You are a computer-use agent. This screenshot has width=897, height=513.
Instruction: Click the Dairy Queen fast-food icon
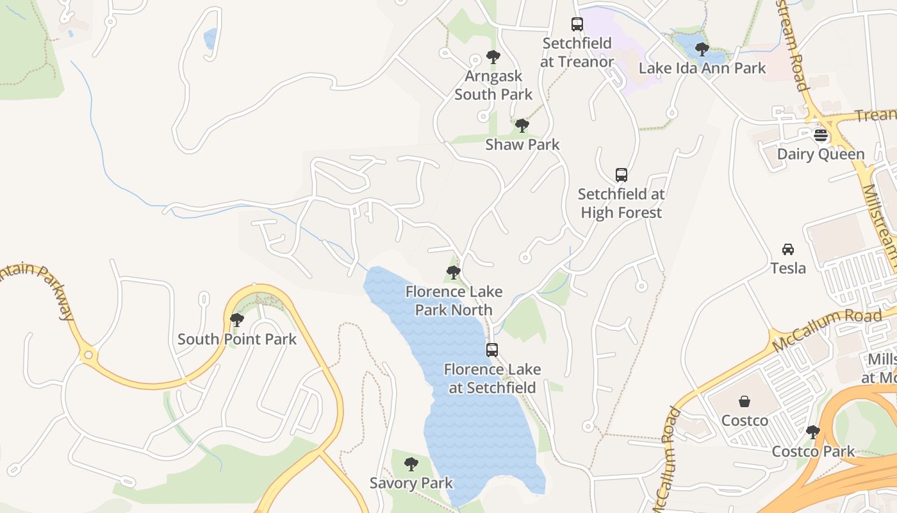820,136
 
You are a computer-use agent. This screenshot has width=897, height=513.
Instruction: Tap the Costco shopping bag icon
745,402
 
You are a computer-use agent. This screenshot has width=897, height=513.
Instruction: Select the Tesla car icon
788,249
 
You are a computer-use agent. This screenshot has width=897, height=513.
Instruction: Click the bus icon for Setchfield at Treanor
577,25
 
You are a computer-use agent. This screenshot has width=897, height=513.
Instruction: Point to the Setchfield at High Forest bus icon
621,175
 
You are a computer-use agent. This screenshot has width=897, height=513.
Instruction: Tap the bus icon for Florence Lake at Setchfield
492,350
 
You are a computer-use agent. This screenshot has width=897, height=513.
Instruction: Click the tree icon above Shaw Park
522,126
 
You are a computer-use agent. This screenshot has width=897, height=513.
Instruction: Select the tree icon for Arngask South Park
493,57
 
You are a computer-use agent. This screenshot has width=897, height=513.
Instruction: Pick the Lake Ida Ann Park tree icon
702,49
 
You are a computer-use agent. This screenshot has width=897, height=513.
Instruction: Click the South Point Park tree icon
237,320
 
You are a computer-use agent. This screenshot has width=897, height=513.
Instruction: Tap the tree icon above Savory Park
411,464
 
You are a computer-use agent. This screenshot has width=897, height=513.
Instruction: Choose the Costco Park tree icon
813,432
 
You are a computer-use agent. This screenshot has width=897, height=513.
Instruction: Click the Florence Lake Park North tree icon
454,273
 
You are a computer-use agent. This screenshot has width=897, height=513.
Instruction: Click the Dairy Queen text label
821,155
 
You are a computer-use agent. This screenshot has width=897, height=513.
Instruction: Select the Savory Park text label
411,483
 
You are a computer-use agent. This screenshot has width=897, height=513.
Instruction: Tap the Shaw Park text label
522,145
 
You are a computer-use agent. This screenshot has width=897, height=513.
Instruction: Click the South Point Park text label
237,339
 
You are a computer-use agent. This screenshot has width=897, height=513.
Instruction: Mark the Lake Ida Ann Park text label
702,68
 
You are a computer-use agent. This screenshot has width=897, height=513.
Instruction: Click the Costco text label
745,421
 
